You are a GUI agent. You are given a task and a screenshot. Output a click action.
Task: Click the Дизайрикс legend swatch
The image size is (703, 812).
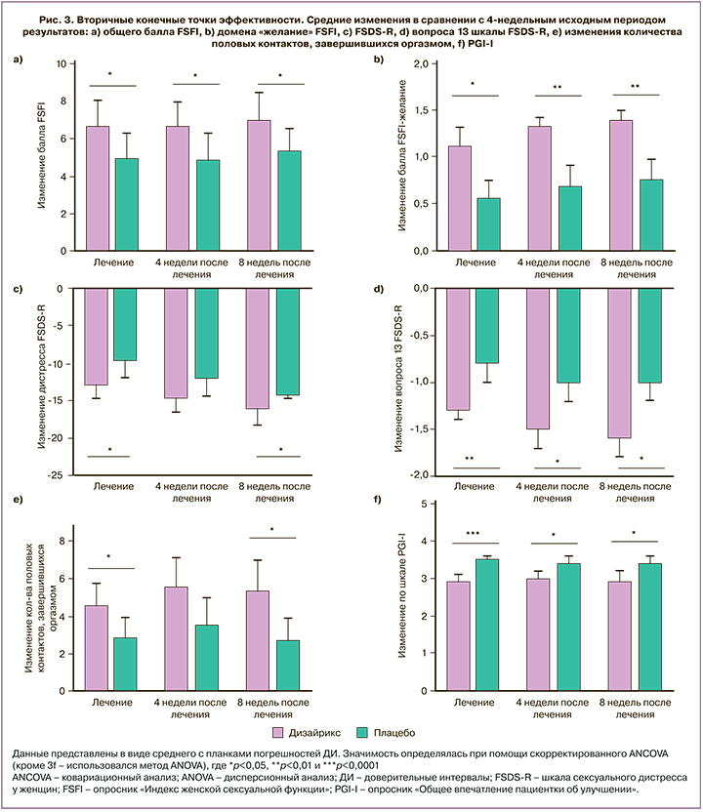coord(275,731)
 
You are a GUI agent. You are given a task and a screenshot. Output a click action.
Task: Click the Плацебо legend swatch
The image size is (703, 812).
coord(367,731)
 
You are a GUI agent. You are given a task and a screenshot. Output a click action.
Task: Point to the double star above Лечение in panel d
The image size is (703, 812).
coord(469,458)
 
